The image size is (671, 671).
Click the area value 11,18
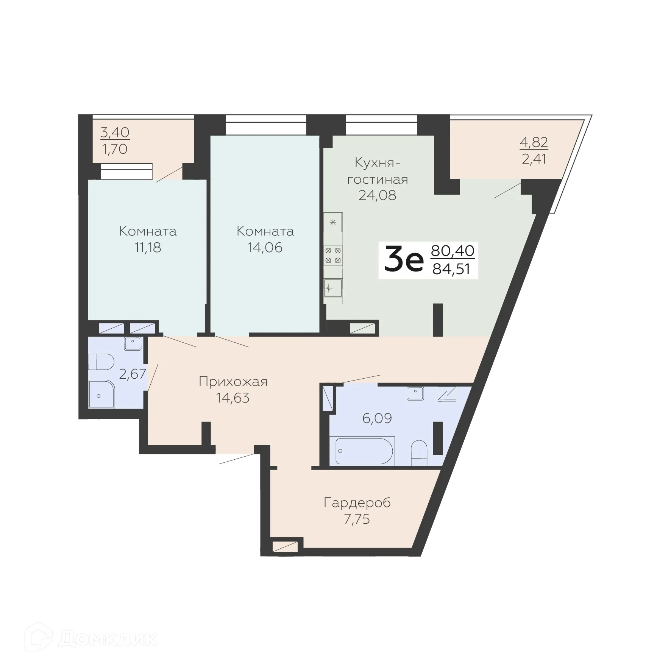click(x=148, y=248)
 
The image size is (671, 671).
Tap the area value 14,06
click(x=265, y=248)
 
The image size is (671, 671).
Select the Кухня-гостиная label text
click(x=378, y=171)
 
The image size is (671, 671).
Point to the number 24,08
click(x=378, y=195)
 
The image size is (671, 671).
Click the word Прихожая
click(x=233, y=381)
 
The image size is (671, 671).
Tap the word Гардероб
click(x=357, y=502)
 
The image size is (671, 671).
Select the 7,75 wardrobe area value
click(x=357, y=519)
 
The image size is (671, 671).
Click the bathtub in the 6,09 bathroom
click(x=362, y=451)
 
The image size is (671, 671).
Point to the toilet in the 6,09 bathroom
click(x=419, y=453)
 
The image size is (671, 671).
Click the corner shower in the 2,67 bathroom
click(x=101, y=395)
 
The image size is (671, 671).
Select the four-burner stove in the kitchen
click(x=333, y=255)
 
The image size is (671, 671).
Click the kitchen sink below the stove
click(x=332, y=288)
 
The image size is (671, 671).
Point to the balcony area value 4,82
click(x=534, y=142)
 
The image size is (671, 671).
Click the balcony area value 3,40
click(x=115, y=132)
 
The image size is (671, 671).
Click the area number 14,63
click(x=233, y=398)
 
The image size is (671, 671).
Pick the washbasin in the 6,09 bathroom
click(x=415, y=393)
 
